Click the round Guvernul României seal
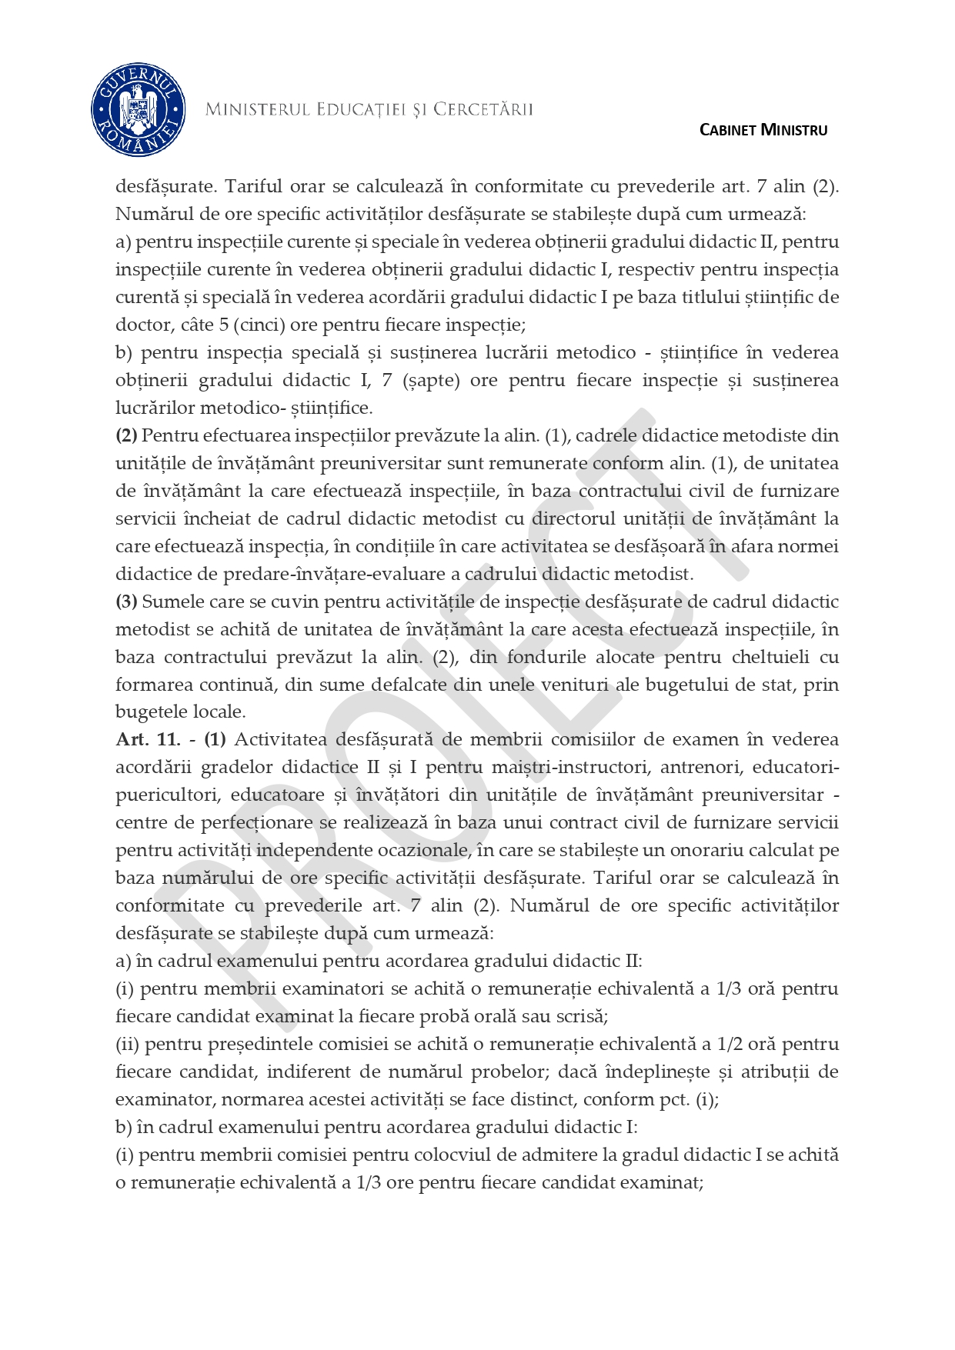(139, 111)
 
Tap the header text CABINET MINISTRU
(763, 130)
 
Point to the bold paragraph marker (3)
(126, 602)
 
